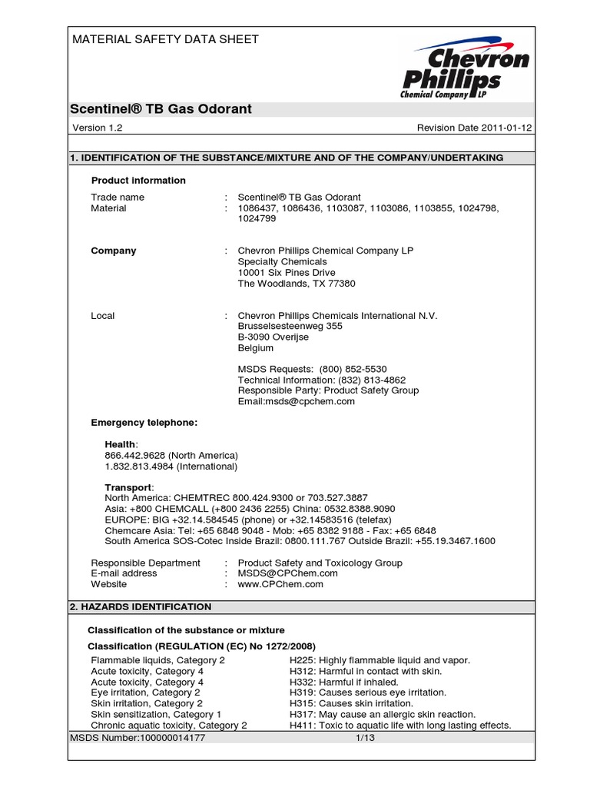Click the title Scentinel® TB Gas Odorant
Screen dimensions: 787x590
161,109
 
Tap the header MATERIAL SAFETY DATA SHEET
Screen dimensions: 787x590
165,39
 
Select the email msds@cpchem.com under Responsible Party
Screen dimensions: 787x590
297,401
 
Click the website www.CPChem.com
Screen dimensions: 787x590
280,584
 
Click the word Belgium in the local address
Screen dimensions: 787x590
256,348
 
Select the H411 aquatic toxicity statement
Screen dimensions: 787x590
399,725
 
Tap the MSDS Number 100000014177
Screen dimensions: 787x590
138,738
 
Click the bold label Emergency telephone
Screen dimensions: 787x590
144,423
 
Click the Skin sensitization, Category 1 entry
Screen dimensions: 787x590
156,714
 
